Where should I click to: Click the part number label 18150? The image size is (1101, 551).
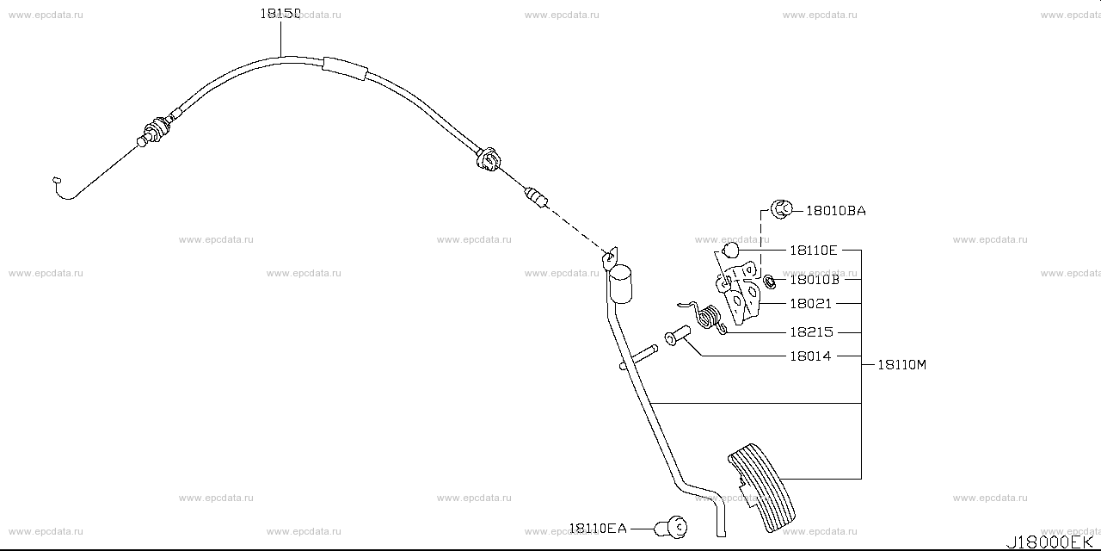(280, 15)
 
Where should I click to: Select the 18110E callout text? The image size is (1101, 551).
(813, 251)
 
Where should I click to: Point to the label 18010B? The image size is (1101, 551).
(813, 280)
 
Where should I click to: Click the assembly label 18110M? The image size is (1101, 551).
(901, 365)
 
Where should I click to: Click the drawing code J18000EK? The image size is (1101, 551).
(1051, 542)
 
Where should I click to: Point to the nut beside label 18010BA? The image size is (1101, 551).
(782, 208)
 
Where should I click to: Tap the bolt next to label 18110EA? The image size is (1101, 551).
(674, 526)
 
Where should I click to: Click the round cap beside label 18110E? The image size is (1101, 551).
(730, 251)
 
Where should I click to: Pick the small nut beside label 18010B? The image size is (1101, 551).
(770, 280)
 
